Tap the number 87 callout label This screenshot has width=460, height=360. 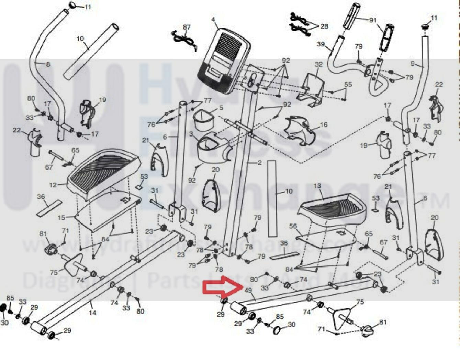point(187,27)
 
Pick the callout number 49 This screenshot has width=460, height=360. point(249,291)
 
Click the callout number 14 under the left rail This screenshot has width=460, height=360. point(92,313)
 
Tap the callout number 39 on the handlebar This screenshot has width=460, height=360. point(321,44)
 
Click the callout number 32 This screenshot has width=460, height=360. point(318,64)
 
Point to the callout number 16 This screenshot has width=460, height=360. point(324,125)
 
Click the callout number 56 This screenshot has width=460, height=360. point(293,226)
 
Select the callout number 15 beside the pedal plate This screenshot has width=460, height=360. point(61,218)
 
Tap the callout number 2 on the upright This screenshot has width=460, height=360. point(260,163)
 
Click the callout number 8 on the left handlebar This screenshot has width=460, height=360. point(48,64)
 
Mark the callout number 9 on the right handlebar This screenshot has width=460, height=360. point(412,64)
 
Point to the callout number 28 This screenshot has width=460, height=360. point(324,26)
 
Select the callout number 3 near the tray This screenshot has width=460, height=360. point(191,133)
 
